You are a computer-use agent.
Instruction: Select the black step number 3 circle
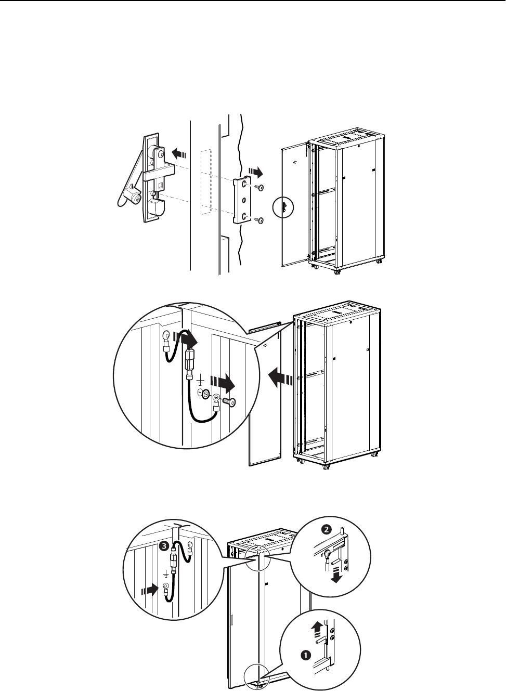164,546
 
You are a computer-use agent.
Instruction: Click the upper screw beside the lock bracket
261,188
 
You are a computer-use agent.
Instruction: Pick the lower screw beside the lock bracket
261,220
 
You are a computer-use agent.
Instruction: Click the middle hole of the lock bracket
244,201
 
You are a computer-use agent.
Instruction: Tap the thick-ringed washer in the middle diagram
205,395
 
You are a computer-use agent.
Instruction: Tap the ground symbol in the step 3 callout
165,574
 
